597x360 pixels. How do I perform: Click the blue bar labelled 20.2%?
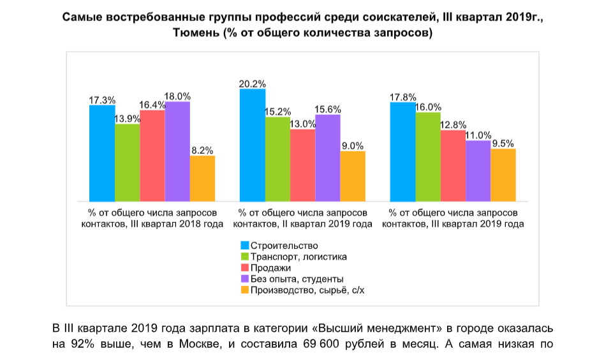click(253, 145)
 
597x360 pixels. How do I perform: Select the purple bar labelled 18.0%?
click(177, 151)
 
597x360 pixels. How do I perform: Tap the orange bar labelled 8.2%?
click(202, 178)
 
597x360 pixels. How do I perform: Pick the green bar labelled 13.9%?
click(128, 162)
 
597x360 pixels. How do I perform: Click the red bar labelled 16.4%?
click(152, 155)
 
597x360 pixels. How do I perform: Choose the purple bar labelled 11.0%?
click(478, 170)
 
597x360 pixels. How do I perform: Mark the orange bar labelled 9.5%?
click(503, 174)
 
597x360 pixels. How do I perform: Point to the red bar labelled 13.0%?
click(302, 165)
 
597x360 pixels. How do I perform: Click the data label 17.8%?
click(403, 97)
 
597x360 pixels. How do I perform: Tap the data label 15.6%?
click(328, 110)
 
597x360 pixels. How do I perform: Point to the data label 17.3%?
click(102, 100)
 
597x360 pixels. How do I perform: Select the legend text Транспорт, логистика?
click(299, 257)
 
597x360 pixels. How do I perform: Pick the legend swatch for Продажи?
click(245, 268)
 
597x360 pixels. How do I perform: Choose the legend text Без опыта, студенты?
click(297, 279)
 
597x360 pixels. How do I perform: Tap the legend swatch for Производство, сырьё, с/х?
click(245, 290)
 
